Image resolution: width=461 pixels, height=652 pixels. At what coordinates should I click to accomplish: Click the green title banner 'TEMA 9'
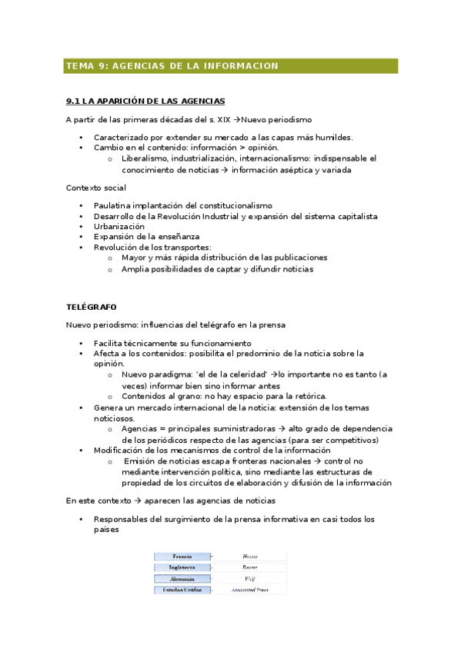pyautogui.click(x=231, y=66)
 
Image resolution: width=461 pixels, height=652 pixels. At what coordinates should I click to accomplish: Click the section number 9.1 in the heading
pyautogui.click(x=74, y=101)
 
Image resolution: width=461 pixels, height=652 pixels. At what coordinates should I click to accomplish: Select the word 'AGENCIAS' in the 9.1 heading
pyautogui.click(x=199, y=101)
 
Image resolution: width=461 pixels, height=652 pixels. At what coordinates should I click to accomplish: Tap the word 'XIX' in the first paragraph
pyautogui.click(x=224, y=119)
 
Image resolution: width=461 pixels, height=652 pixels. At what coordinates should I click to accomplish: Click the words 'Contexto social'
pyautogui.click(x=96, y=188)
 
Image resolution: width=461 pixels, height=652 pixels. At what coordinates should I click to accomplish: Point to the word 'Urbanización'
pyautogui.click(x=119, y=227)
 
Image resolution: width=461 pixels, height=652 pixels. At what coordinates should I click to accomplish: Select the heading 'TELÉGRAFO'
pyautogui.click(x=92, y=307)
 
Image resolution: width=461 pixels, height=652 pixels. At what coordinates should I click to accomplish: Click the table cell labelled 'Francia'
pyautogui.click(x=183, y=555)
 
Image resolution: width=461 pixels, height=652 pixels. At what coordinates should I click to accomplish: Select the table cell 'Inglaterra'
pyautogui.click(x=183, y=567)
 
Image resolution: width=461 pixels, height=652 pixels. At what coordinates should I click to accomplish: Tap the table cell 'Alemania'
pyautogui.click(x=183, y=578)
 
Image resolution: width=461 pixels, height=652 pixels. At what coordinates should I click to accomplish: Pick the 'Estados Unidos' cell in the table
pyautogui.click(x=183, y=590)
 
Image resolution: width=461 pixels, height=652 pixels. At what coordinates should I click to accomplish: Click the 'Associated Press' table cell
pyautogui.click(x=250, y=590)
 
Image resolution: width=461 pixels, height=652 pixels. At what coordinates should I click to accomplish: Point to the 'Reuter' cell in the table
pyautogui.click(x=250, y=567)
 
